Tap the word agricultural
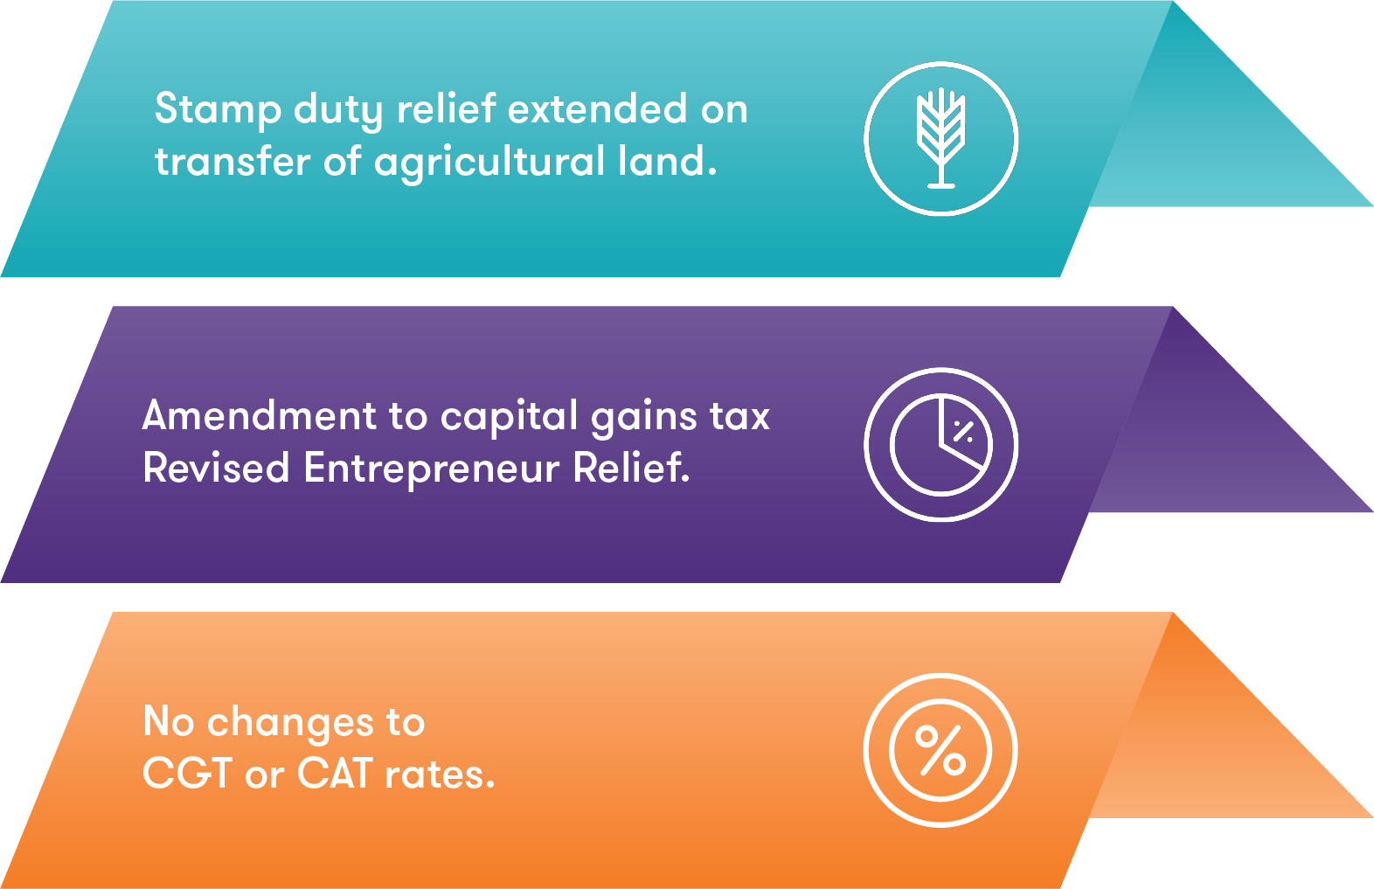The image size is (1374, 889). (489, 163)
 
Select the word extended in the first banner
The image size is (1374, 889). (597, 108)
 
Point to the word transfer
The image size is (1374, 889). (232, 162)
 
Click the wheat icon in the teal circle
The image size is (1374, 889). (940, 138)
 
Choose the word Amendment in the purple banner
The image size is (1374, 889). (260, 415)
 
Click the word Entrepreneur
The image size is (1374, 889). (431, 469)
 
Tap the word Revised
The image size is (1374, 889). (215, 469)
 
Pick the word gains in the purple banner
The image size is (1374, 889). (643, 417)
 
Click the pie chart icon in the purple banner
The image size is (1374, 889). (940, 444)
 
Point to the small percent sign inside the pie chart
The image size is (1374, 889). (963, 431)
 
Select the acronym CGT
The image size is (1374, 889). (187, 773)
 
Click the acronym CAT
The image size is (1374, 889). (335, 773)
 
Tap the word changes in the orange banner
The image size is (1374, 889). (290, 723)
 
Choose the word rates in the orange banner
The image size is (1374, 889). (439, 774)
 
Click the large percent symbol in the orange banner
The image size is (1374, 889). (940, 750)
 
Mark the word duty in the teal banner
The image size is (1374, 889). (338, 110)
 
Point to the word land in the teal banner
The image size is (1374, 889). (667, 161)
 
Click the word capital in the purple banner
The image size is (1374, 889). (509, 417)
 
